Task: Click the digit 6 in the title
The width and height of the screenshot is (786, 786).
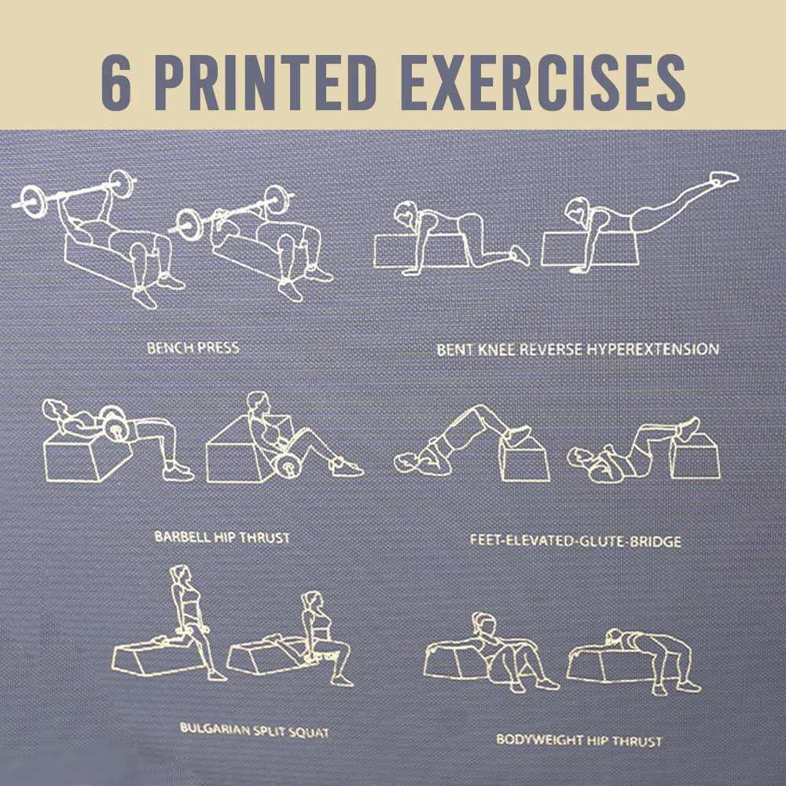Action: pyautogui.click(x=116, y=83)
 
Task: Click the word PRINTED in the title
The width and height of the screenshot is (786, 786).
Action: pyautogui.click(x=266, y=83)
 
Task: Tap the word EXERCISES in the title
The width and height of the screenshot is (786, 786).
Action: pyautogui.click(x=543, y=83)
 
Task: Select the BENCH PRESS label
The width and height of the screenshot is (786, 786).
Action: pyautogui.click(x=193, y=348)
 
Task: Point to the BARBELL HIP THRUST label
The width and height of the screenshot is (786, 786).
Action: pyautogui.click(x=222, y=538)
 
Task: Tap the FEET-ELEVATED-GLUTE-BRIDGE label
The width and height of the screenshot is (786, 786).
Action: pyautogui.click(x=575, y=541)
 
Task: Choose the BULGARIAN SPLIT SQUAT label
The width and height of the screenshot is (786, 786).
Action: pyautogui.click(x=254, y=730)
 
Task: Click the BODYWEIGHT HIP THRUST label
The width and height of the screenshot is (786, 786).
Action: pyautogui.click(x=579, y=740)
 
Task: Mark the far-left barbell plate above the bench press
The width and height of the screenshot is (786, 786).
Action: pyautogui.click(x=35, y=200)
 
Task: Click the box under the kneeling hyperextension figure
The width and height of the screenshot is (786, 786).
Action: pyautogui.click(x=421, y=251)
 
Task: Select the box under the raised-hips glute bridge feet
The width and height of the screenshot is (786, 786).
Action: pyautogui.click(x=524, y=459)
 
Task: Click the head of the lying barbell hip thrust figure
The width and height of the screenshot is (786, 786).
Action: pyautogui.click(x=53, y=409)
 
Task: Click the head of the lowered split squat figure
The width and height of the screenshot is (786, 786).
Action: pyautogui.click(x=312, y=601)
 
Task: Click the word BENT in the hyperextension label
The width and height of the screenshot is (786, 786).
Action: pyautogui.click(x=454, y=350)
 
